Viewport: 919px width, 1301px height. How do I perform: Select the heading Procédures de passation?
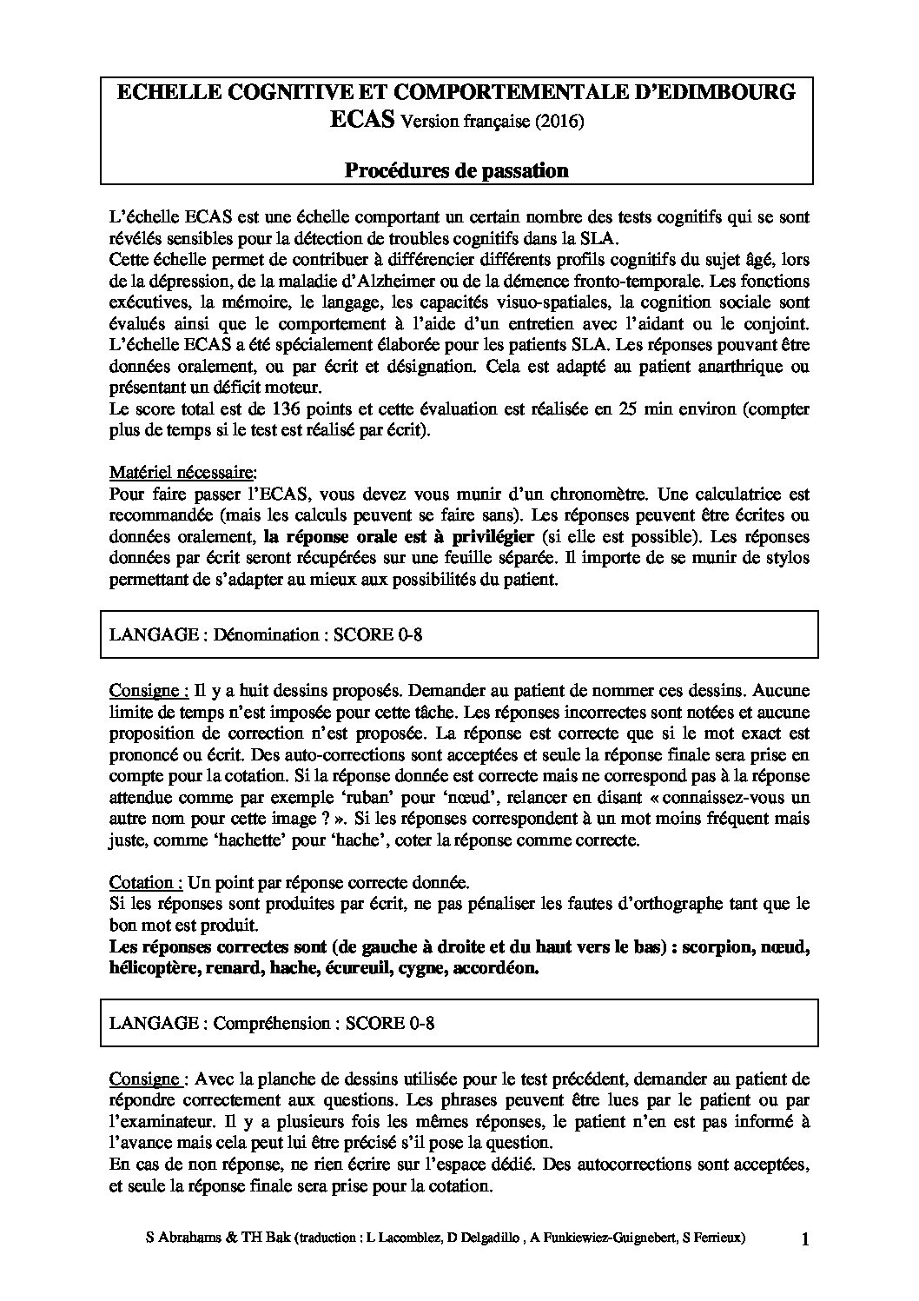point(457,170)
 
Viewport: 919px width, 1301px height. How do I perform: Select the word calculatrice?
point(727,495)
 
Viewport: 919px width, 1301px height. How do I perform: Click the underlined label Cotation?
point(146,882)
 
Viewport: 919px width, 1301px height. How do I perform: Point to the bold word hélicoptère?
point(153,968)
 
